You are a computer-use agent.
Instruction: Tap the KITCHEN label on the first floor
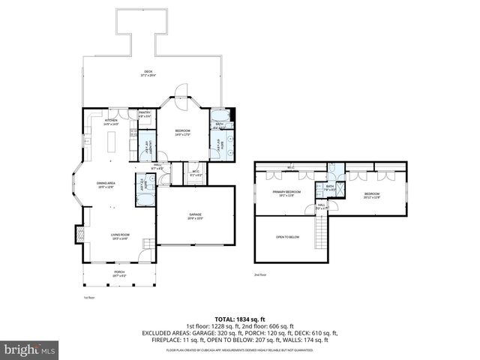click(111, 120)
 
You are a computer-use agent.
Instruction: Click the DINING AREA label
click(106, 184)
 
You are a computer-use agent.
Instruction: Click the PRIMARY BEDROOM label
click(286, 193)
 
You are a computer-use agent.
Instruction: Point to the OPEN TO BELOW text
click(287, 236)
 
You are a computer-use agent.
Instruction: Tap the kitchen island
click(114, 142)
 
